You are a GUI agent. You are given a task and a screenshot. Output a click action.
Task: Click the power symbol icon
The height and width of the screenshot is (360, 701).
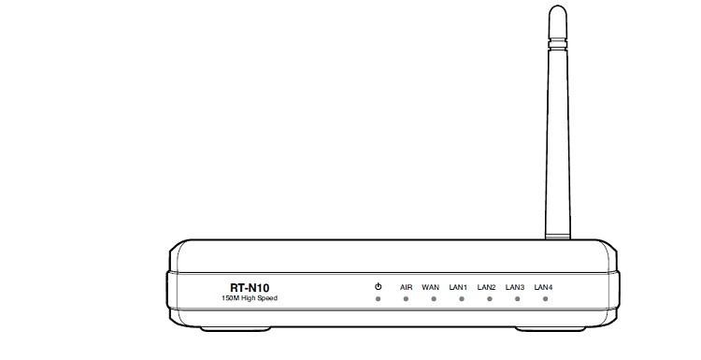[378, 286]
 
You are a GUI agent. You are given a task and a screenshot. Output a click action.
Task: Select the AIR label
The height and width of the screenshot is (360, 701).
[406, 287]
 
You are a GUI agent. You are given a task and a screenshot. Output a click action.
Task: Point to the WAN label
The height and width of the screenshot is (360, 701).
[431, 287]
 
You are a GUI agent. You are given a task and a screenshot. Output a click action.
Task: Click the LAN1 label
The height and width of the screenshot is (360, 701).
[458, 287]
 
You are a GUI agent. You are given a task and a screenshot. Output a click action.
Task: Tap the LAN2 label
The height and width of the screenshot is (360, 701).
[486, 287]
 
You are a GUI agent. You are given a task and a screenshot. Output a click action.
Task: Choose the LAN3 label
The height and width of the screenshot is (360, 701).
[514, 287]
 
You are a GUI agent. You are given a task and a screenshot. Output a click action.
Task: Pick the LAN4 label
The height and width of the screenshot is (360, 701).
[543, 287]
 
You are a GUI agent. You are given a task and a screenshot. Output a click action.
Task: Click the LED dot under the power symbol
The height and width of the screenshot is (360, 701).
[378, 300]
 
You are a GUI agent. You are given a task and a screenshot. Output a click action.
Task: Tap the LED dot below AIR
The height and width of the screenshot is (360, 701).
[406, 300]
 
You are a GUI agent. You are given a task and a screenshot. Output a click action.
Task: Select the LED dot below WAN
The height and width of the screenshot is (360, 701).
[434, 300]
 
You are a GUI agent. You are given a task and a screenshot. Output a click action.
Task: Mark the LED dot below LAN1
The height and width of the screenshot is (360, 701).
[462, 300]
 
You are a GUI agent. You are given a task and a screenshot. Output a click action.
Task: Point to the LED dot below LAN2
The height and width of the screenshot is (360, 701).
[489, 300]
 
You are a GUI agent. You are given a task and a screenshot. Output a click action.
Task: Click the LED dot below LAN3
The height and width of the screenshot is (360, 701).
[517, 300]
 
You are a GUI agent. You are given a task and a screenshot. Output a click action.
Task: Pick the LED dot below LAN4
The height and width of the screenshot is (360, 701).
[545, 300]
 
